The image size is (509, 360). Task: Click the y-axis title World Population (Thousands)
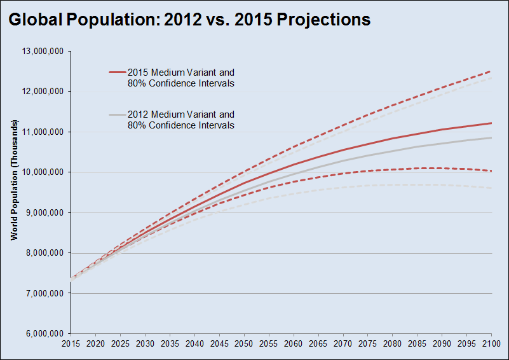13,180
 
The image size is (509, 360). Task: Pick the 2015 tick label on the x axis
71,344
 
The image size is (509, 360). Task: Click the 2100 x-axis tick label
491,344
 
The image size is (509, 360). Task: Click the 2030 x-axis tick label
145,344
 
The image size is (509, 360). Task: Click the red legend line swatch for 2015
117,73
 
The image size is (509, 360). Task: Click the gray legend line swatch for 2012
117,115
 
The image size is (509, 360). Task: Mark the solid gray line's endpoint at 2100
491,137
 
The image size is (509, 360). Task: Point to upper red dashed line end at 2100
491,71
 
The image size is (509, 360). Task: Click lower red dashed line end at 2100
491,170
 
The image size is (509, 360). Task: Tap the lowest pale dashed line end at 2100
491,188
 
